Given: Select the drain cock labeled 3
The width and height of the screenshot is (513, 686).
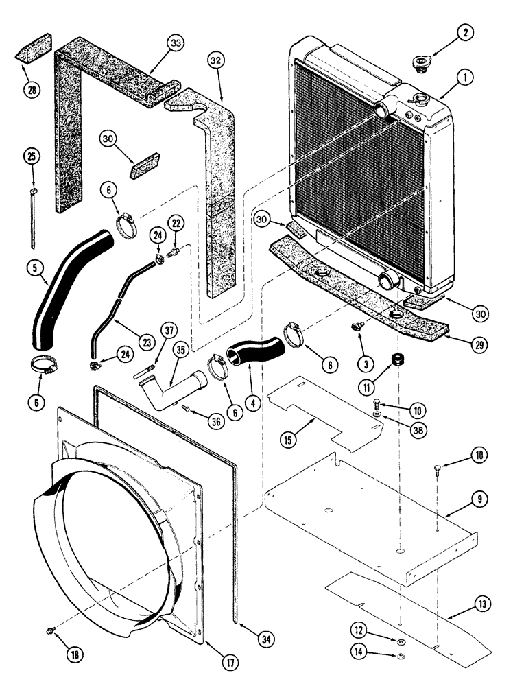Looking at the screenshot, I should pyautogui.click(x=357, y=328).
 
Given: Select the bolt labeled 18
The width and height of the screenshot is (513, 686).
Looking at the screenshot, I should pyautogui.click(x=49, y=628).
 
